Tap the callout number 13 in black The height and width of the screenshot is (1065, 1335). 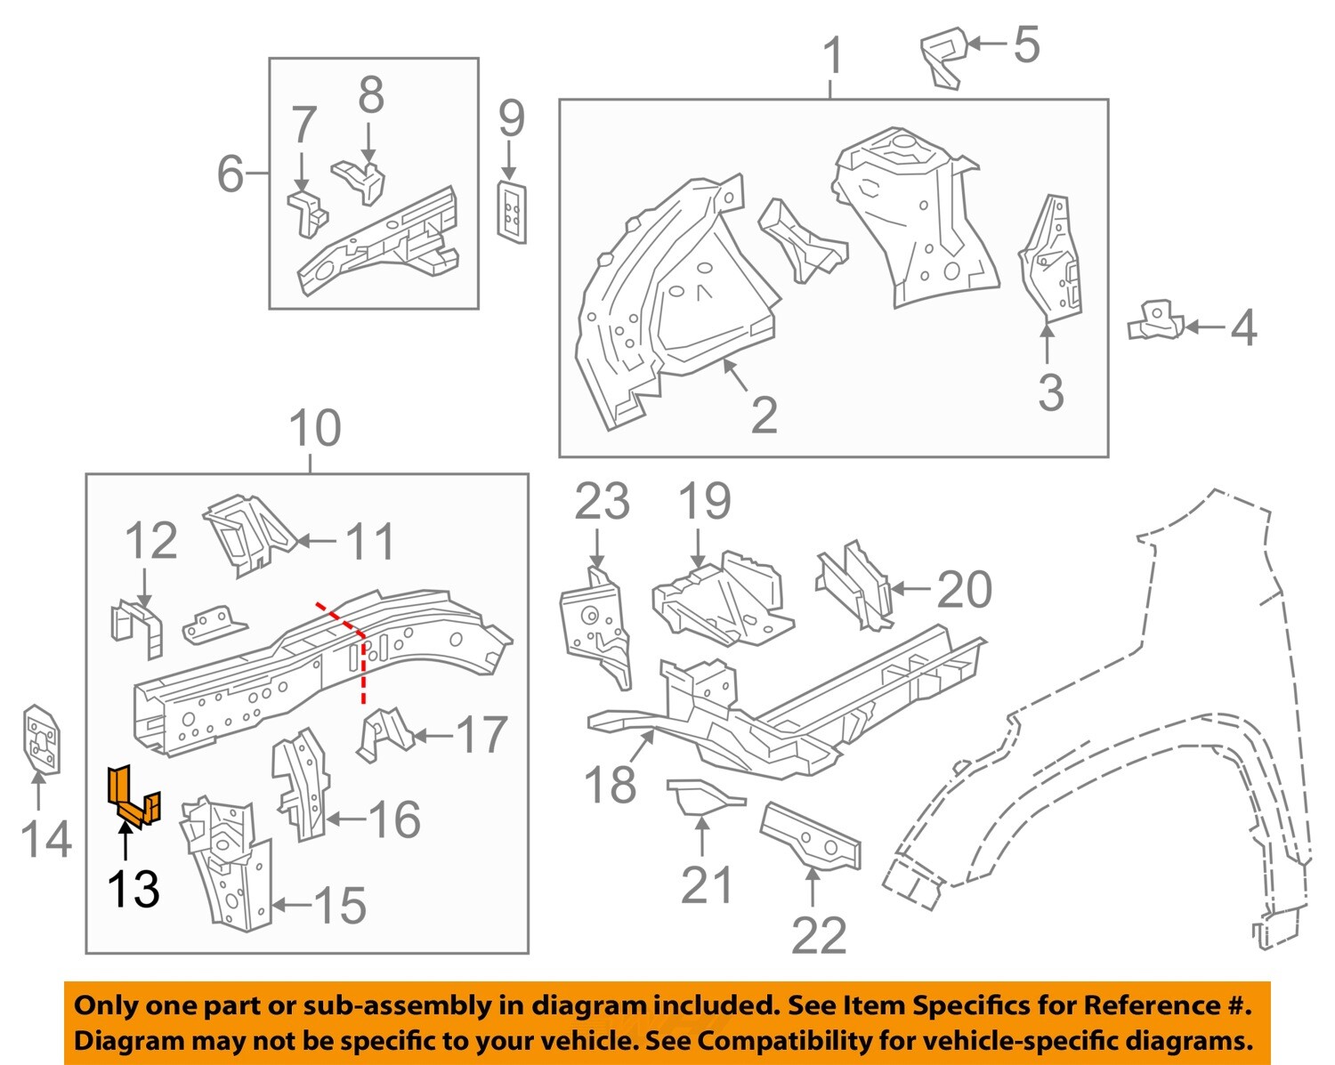[133, 889]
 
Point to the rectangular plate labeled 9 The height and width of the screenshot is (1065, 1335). [512, 210]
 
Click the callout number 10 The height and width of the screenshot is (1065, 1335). [315, 429]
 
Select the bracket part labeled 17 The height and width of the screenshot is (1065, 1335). [384, 733]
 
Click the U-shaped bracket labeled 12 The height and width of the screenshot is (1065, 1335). [138, 628]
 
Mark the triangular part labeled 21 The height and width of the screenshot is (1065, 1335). [700, 796]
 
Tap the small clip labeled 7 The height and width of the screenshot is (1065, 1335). [306, 212]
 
